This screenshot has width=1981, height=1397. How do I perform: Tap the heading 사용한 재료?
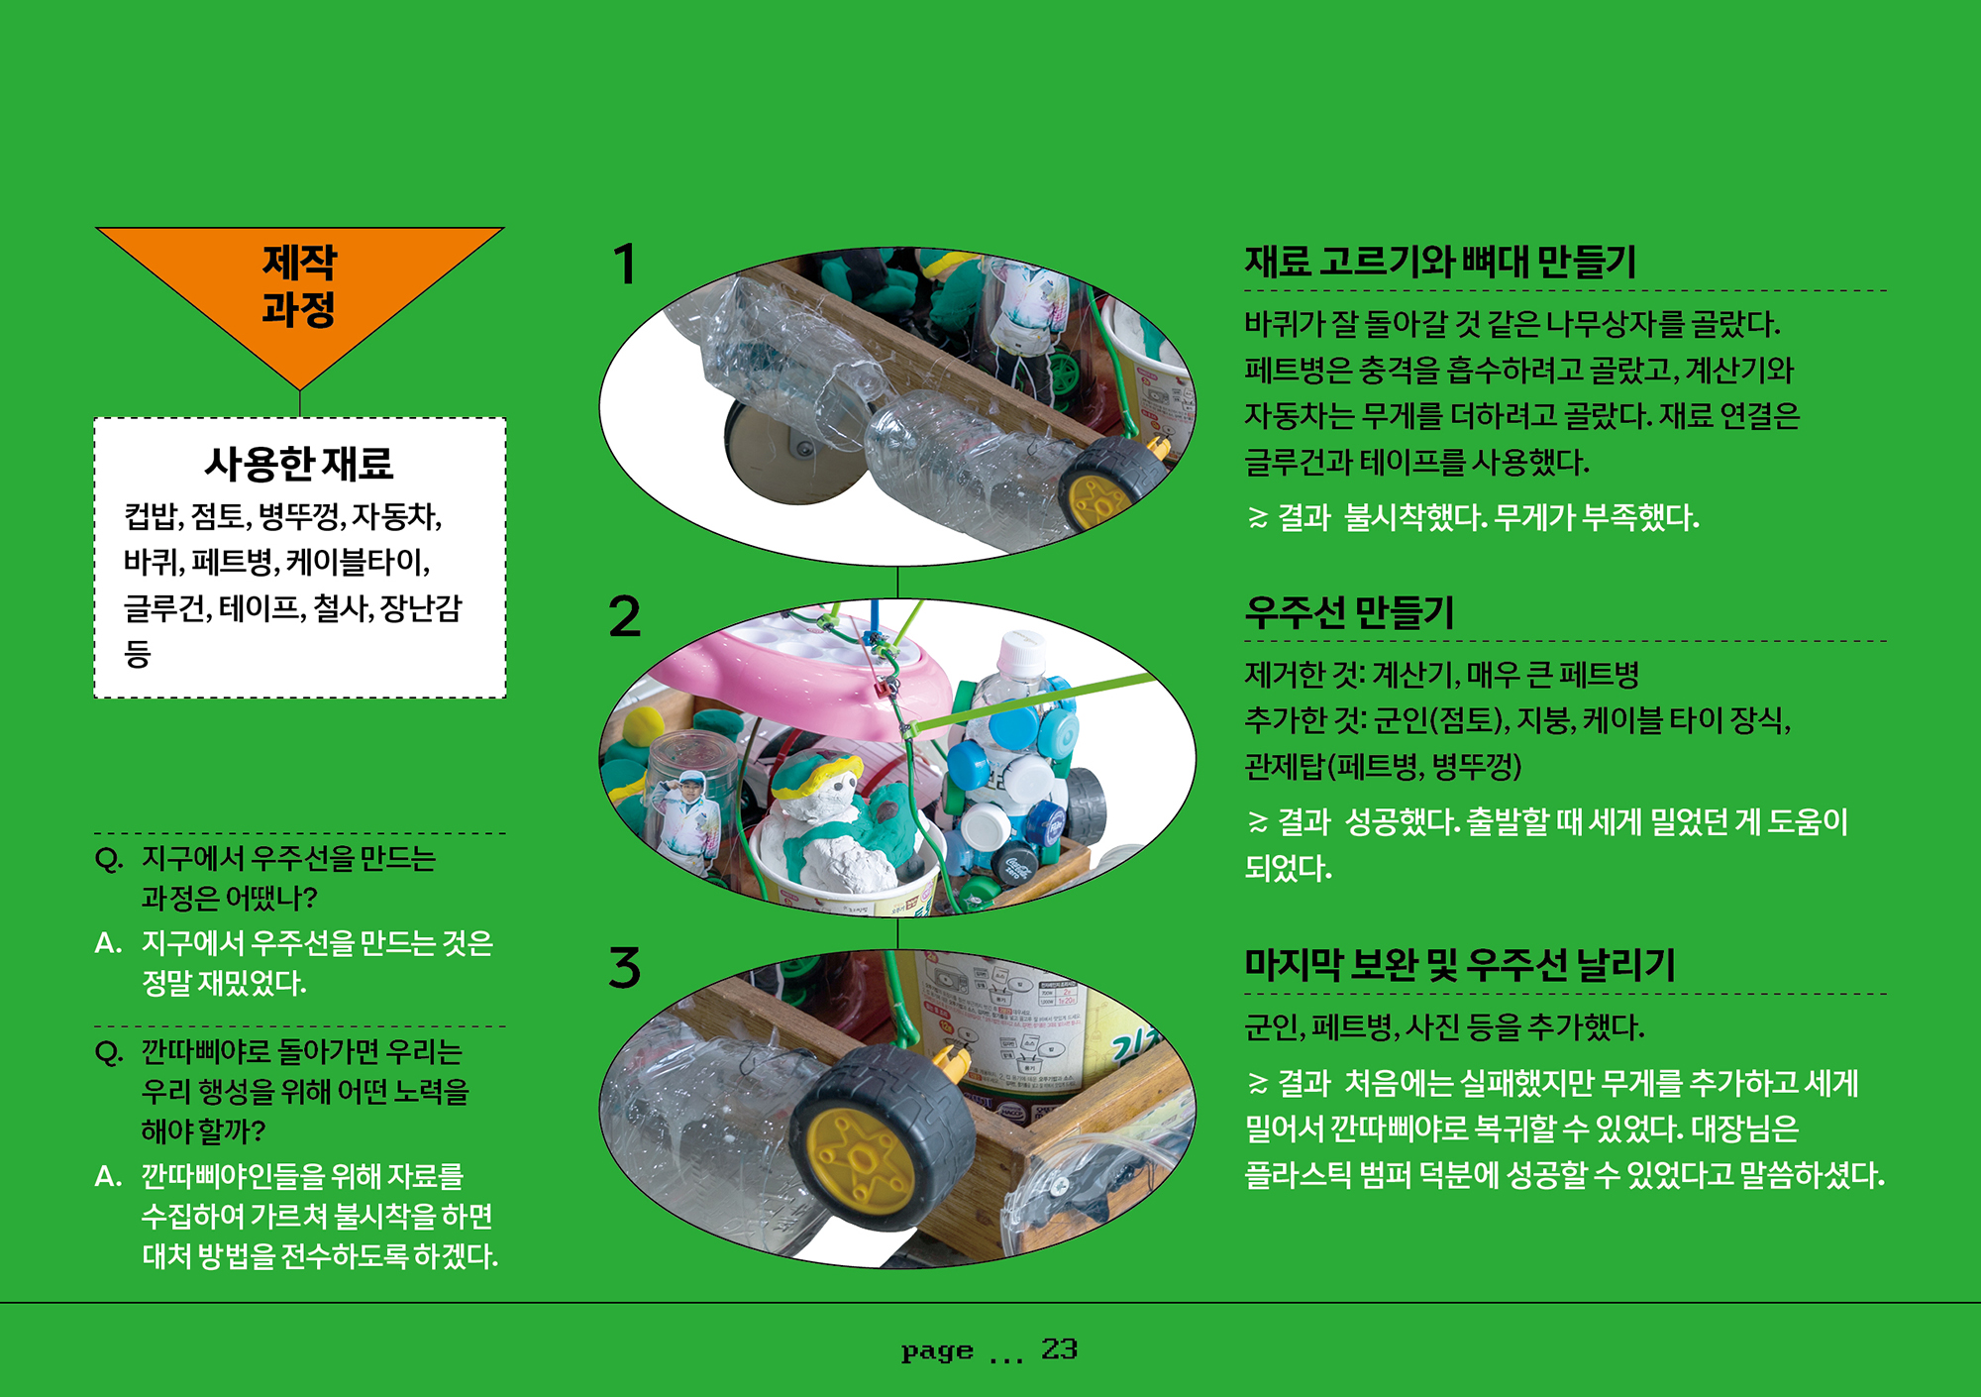click(299, 463)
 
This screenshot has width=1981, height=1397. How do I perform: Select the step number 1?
click(624, 265)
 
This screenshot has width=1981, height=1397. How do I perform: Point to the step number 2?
click(625, 616)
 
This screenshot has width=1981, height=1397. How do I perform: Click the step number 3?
click(625, 967)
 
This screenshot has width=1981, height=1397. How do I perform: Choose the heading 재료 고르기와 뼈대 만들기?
click(1440, 262)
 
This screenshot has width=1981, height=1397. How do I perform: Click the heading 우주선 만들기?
click(1349, 612)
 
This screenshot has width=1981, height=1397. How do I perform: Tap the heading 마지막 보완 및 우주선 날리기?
click(1460, 964)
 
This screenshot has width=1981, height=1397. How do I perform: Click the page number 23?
click(1059, 1348)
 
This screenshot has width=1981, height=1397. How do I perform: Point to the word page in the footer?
click(937, 1351)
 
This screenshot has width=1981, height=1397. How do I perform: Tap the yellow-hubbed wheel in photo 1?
click(1109, 485)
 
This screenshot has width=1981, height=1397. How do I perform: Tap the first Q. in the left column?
click(109, 858)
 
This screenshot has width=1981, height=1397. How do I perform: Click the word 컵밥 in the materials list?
click(150, 516)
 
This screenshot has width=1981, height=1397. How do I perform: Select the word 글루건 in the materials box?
click(162, 607)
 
